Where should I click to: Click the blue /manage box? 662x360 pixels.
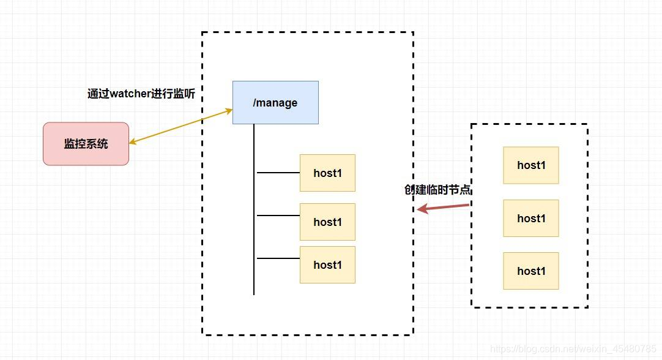275,102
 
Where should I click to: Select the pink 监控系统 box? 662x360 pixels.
86,144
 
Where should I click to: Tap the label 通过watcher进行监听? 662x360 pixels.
145,94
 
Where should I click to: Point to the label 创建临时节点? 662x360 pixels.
437,190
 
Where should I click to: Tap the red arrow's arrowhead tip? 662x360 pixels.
419,209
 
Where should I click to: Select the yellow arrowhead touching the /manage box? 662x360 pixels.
229,111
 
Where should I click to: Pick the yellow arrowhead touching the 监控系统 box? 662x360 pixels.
133,142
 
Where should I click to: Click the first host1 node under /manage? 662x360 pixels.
327,173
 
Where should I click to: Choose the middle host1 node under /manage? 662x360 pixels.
327,222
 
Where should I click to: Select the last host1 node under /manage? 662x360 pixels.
327,264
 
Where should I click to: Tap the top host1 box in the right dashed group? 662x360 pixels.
531,165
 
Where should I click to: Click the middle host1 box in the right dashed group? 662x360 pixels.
531,218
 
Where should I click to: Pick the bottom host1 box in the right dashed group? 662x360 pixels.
531,271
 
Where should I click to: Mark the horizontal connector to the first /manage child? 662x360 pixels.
278,173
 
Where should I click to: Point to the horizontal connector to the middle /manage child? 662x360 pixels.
278,216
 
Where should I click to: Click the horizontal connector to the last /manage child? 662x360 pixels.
278,258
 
